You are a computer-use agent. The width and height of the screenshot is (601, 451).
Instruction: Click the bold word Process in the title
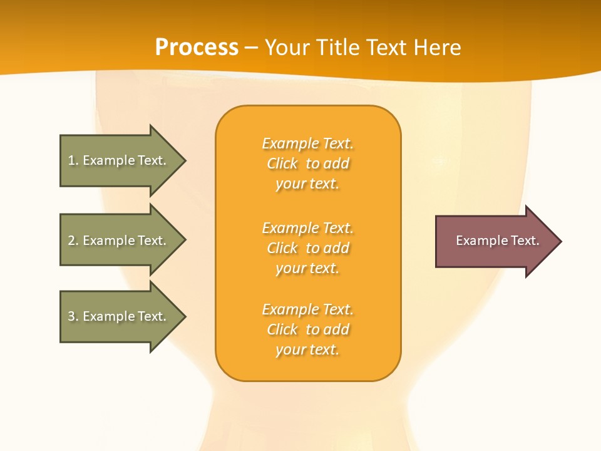[197, 47]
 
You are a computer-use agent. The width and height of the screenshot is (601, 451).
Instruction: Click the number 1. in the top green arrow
[73, 160]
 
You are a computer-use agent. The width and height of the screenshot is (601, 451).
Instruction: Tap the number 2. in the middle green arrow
[73, 241]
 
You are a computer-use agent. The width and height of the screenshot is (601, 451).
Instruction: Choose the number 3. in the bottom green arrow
[73, 316]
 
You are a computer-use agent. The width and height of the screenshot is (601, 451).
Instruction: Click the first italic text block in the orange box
[307, 163]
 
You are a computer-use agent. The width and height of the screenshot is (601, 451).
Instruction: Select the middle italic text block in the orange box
[307, 248]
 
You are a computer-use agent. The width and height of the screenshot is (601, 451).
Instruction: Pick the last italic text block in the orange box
[307, 329]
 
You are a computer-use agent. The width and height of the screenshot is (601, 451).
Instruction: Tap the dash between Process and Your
[252, 48]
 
